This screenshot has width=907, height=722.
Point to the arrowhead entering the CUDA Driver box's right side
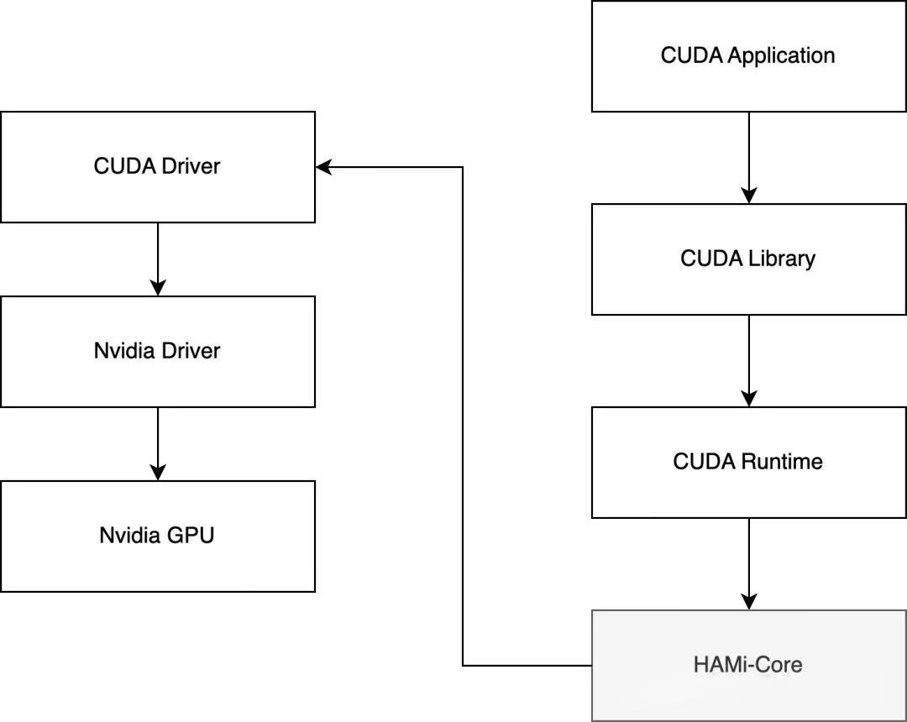pos(324,167)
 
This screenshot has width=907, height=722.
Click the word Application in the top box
pos(781,56)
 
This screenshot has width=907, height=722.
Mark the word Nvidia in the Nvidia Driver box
pos(123,351)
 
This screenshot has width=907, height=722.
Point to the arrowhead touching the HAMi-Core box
pos(748,601)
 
